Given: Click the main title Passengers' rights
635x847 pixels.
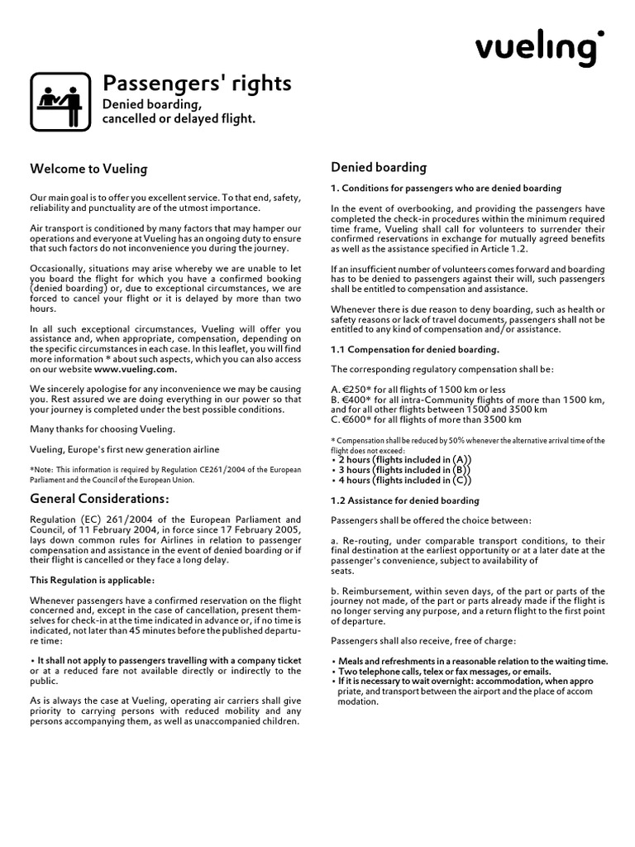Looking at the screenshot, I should (x=196, y=84).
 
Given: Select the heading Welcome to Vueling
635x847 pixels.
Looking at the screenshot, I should (x=88, y=170).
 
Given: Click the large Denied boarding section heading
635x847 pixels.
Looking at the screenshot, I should (x=379, y=167).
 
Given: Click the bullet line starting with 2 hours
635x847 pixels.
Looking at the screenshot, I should (x=401, y=460).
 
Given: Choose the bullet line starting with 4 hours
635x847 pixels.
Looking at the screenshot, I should (x=401, y=480).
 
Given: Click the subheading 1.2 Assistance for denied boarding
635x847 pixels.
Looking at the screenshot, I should (x=405, y=500).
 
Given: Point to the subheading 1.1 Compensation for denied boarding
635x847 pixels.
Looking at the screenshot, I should (x=415, y=349).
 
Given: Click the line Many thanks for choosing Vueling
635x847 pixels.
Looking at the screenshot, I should (x=103, y=428).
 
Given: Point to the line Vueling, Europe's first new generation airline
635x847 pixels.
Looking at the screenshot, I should (x=125, y=449).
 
